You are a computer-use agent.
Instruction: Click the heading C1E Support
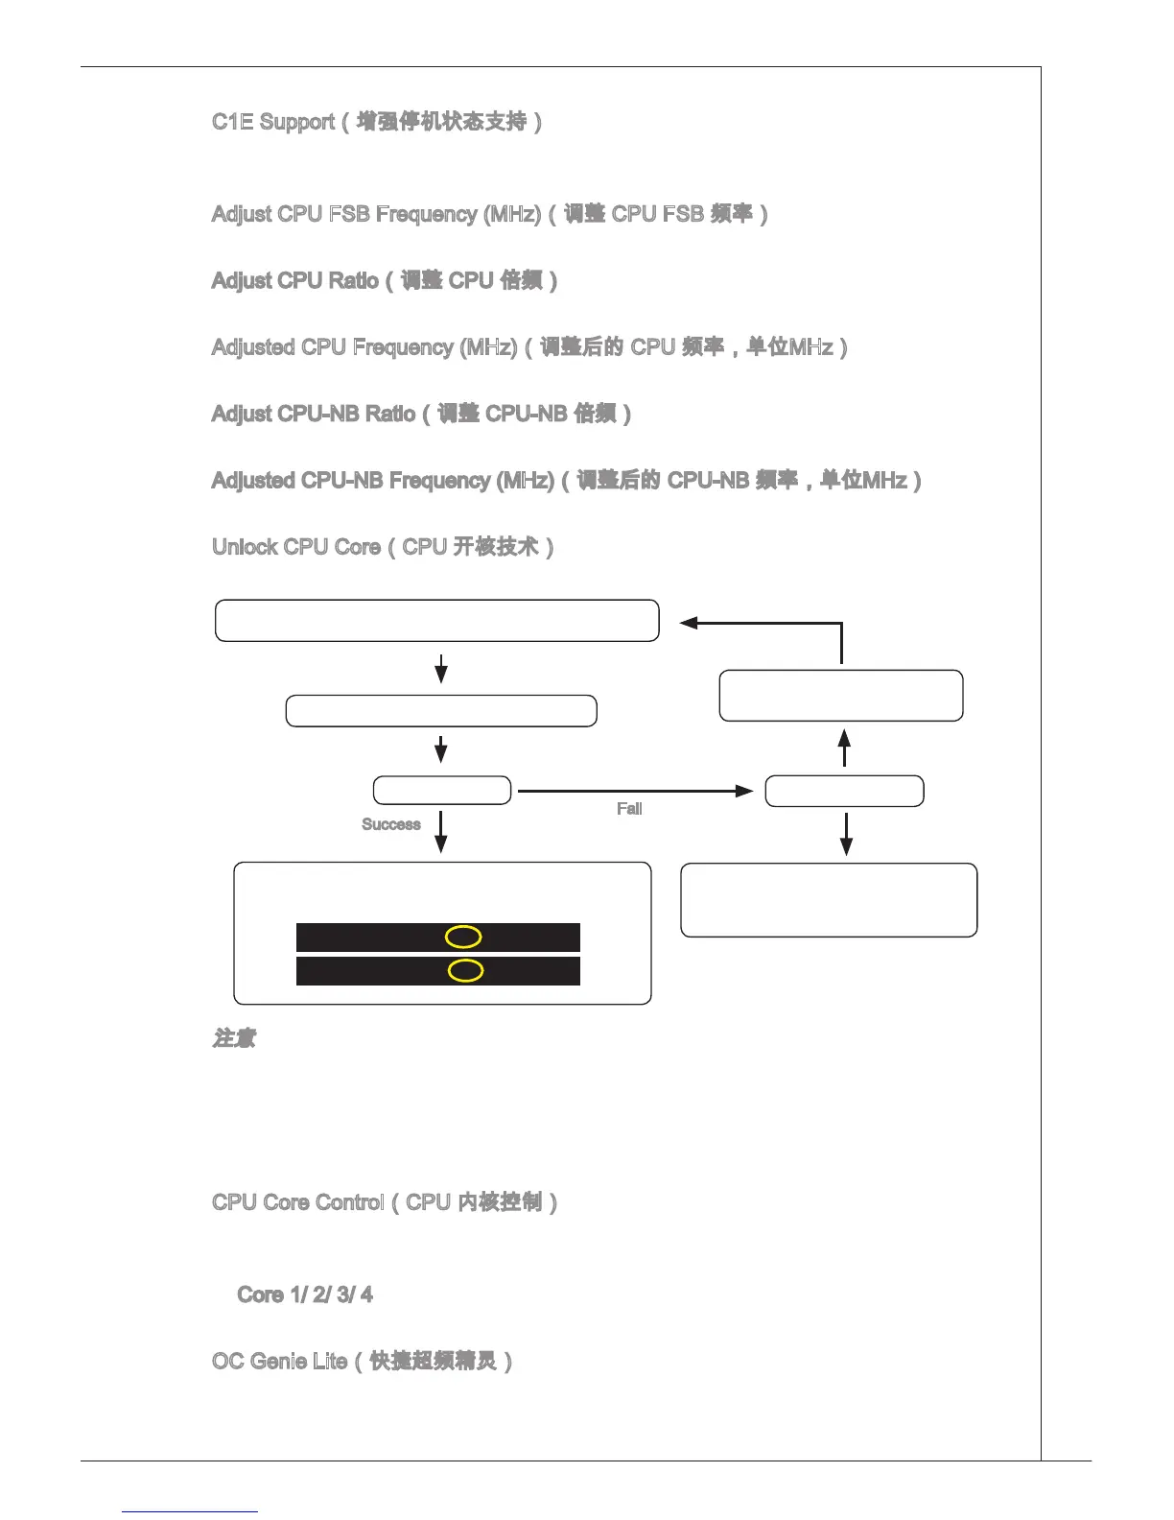[377, 122]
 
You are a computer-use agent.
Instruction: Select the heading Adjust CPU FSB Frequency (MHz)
[489, 214]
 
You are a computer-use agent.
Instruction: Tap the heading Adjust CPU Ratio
[385, 281]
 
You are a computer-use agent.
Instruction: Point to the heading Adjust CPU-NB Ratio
[421, 415]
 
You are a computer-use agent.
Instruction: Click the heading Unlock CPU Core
[383, 547]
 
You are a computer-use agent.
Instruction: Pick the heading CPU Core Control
[385, 1202]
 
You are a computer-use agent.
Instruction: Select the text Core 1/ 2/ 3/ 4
[305, 1295]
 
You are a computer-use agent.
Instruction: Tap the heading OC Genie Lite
[363, 1362]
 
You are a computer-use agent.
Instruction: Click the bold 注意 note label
[234, 1039]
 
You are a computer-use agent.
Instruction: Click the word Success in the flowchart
[391, 824]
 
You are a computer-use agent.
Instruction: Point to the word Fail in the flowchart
[629, 809]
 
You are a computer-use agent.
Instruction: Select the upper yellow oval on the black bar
[463, 938]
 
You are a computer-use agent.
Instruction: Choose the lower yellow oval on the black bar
[465, 971]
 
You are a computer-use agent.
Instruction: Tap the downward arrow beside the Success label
[441, 832]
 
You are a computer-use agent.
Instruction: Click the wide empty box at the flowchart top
[437, 621]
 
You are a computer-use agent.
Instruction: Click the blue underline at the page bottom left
[190, 1512]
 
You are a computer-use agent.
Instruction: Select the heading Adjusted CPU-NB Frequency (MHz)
[566, 481]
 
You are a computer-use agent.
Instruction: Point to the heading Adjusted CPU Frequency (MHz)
[529, 347]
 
